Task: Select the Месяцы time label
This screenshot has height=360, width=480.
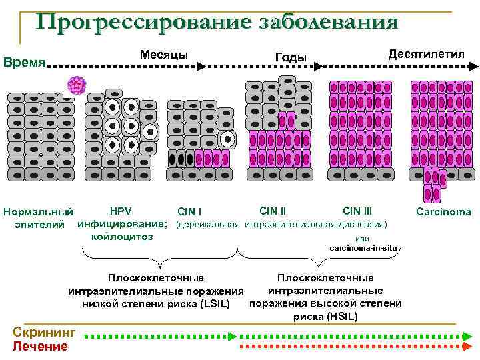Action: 163,54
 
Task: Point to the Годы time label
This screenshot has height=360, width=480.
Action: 291,57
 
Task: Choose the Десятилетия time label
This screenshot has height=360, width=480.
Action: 426,53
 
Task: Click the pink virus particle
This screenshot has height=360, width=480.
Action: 77,85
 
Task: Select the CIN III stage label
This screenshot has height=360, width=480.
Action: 357,211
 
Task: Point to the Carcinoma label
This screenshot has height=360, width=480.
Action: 443,212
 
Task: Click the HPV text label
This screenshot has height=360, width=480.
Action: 121,211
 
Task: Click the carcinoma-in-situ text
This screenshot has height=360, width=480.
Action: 363,247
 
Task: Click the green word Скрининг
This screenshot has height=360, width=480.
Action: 45,333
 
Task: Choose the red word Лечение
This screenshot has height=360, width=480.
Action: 41,346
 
